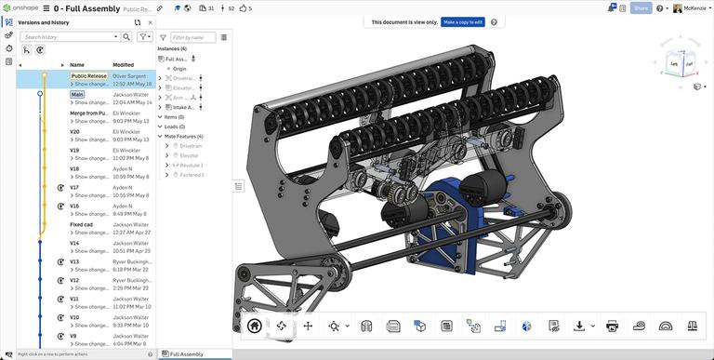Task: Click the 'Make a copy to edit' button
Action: pos(462,21)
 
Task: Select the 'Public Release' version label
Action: pos(89,76)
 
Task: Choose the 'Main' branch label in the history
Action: pos(77,94)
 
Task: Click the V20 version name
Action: pos(74,131)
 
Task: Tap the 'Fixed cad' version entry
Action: pos(81,224)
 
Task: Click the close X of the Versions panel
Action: pos(151,22)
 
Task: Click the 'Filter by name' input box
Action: pos(193,37)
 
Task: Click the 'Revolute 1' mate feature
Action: pos(192,165)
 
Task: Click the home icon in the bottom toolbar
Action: pos(255,326)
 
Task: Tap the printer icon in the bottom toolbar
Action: pos(612,326)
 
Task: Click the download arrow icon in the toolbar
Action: pos(579,326)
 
